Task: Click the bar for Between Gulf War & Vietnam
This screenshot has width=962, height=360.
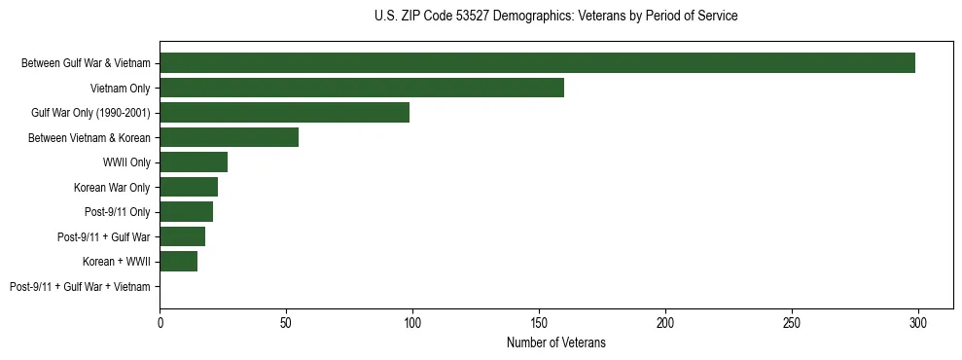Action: click(x=537, y=63)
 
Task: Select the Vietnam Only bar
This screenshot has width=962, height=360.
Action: click(x=362, y=88)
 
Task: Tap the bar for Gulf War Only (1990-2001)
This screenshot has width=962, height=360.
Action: click(x=284, y=113)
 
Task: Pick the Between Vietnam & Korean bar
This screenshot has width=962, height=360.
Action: click(x=229, y=137)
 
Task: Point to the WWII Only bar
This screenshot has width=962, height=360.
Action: click(x=194, y=162)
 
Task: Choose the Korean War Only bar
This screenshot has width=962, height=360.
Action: click(x=189, y=187)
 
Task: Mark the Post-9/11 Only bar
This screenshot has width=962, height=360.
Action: click(x=186, y=212)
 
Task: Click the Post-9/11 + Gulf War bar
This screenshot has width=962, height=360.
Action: click(x=182, y=236)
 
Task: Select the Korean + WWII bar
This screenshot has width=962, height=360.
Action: click(x=178, y=262)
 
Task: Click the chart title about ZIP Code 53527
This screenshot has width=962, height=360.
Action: click(x=555, y=17)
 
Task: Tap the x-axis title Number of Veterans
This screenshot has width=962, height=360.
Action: click(x=555, y=342)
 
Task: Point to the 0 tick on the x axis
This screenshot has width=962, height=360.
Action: click(x=160, y=321)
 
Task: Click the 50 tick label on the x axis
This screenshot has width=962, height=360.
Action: click(x=286, y=321)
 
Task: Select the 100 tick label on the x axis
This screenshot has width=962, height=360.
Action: click(x=412, y=321)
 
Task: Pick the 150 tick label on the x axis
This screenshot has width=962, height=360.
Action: click(x=539, y=321)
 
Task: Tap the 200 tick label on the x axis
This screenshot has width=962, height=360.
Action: click(x=665, y=321)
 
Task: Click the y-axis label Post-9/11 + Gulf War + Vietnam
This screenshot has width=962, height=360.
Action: click(x=80, y=287)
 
